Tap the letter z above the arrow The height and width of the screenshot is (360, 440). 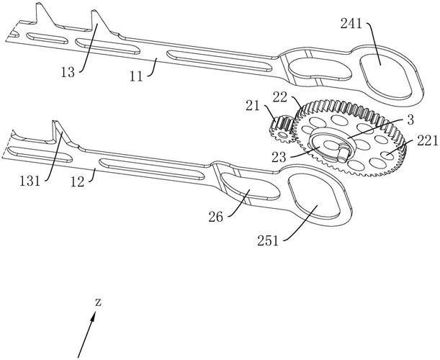coord(99,302)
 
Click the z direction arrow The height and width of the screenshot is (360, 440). coord(86,336)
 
